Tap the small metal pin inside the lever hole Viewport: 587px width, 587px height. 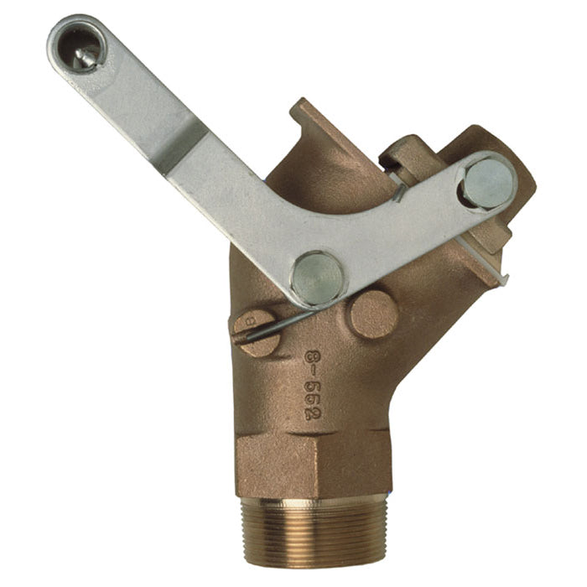[x=83, y=58]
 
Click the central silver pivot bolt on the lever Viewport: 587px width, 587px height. [x=318, y=277]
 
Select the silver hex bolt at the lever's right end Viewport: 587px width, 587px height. [x=487, y=183]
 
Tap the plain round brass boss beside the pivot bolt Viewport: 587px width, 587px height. [x=372, y=314]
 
